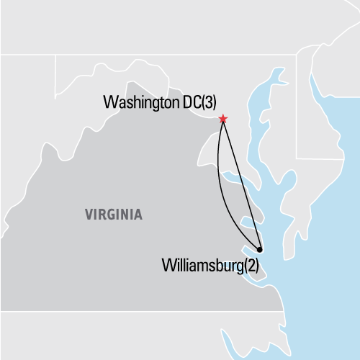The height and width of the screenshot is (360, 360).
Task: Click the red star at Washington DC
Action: coord(223,119)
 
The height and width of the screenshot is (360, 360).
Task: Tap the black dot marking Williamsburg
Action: coord(260,250)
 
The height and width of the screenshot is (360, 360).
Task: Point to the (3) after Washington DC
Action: coord(208,102)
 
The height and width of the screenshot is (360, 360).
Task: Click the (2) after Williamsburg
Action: coord(251,265)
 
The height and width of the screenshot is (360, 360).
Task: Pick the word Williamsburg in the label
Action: coord(199,265)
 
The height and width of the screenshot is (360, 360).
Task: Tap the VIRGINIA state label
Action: coord(113,215)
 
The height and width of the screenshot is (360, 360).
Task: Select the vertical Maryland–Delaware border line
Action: coord(296,108)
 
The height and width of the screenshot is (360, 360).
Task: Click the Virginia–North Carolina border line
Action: coord(144,311)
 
